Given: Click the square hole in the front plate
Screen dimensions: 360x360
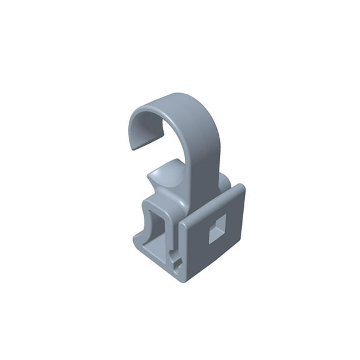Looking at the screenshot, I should [x=217, y=228].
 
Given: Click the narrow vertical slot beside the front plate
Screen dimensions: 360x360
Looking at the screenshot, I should [x=176, y=241].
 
